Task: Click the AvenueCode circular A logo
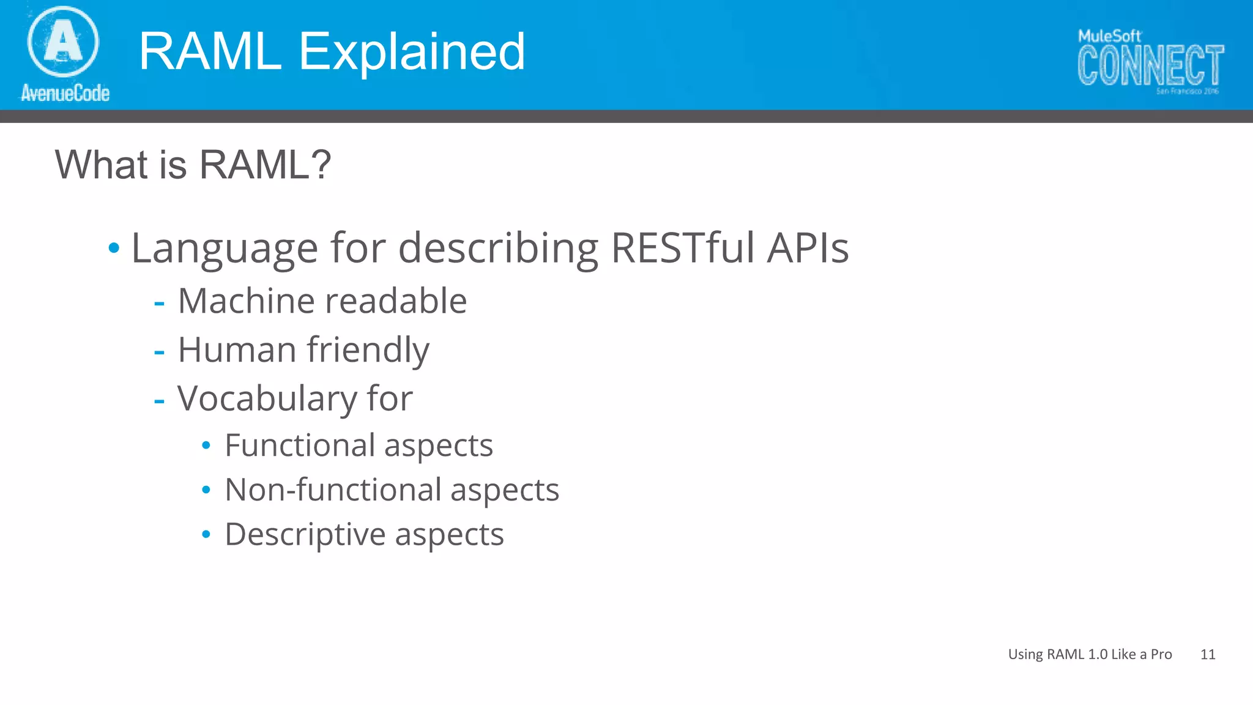pos(63,41)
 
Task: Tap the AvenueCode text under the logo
pos(65,93)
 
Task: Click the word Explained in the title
pos(411,51)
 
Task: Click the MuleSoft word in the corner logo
pos(1109,36)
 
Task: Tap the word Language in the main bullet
pos(225,248)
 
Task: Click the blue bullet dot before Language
pos(114,248)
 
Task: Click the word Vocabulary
pos(267,399)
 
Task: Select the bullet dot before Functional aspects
pos(206,446)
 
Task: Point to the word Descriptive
pos(303,535)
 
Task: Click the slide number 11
pos(1208,654)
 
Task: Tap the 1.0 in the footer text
pos(1098,654)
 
